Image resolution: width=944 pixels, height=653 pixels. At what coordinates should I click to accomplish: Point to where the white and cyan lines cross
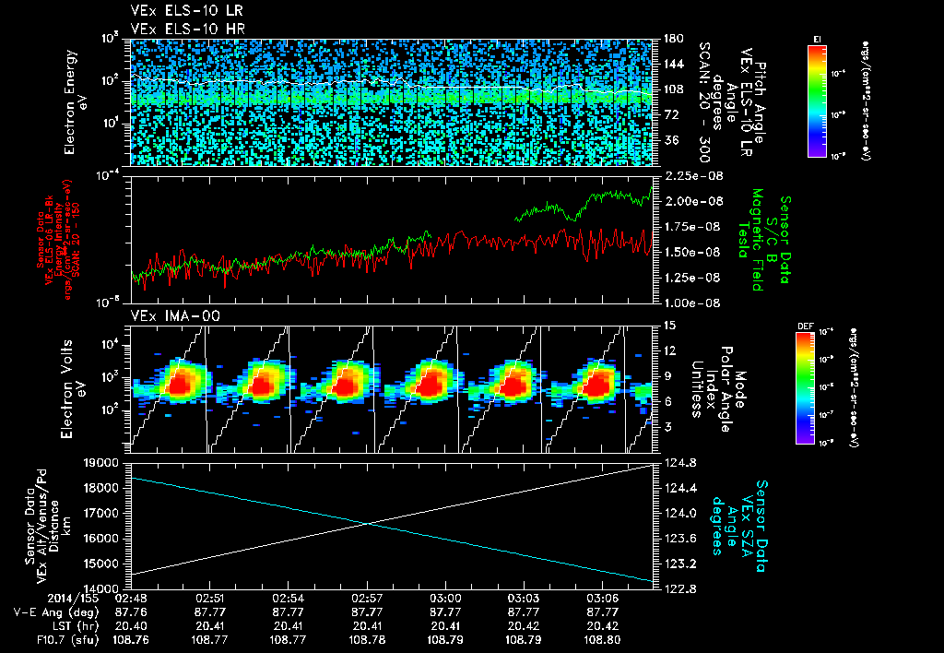[370, 523]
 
